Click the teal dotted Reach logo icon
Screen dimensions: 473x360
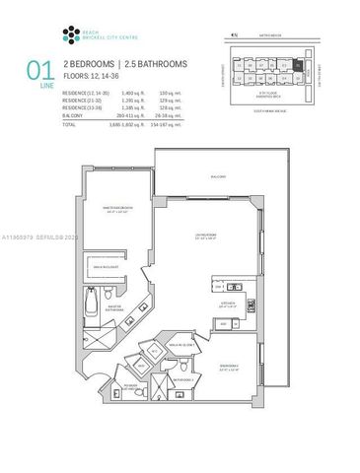tap(69, 35)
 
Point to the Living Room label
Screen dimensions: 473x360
tap(205, 234)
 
